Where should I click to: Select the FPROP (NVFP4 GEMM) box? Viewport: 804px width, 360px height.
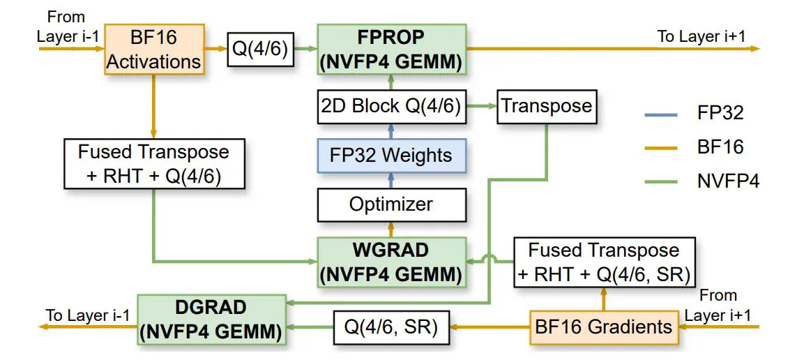click(x=390, y=49)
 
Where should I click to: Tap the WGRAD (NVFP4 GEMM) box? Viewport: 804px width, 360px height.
click(x=390, y=262)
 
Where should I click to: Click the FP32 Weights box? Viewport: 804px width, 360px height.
click(x=390, y=155)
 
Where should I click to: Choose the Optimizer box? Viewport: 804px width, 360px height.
click(x=390, y=204)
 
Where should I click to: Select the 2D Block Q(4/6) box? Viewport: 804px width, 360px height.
click(x=390, y=106)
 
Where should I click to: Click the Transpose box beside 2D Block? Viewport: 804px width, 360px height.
click(x=547, y=106)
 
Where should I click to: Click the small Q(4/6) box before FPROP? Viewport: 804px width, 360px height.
click(x=259, y=49)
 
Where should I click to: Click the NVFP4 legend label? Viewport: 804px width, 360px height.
click(x=728, y=181)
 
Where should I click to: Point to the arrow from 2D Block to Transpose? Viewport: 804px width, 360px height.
click(x=481, y=106)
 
